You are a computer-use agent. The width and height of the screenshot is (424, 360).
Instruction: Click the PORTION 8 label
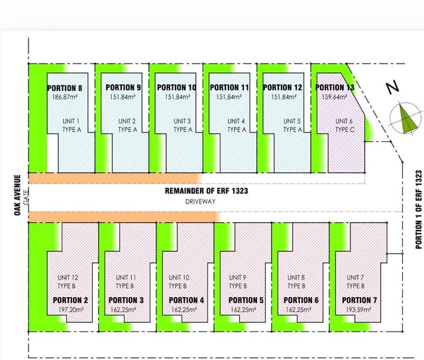[64, 88]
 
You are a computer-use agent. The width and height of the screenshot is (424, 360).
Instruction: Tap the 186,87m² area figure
[65, 97]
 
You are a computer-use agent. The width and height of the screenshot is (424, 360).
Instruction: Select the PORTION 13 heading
[335, 88]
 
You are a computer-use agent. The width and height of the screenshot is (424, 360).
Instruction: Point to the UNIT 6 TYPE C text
[344, 125]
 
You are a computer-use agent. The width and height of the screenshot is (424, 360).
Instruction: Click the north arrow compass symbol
[405, 119]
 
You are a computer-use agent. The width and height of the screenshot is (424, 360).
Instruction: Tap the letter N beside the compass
[392, 87]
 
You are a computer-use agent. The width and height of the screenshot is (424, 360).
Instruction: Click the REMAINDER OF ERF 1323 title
[206, 191]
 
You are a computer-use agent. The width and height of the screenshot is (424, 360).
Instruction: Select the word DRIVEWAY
[200, 202]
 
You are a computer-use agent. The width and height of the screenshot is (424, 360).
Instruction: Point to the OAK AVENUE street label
[17, 195]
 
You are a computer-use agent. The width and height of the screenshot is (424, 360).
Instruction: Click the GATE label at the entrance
[26, 198]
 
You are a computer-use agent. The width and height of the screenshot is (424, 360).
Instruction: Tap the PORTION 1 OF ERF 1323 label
[419, 210]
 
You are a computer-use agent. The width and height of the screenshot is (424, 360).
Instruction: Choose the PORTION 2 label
[70, 300]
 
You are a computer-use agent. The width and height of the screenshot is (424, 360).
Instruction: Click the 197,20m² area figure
[71, 309]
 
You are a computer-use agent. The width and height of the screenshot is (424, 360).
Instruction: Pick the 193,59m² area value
[358, 309]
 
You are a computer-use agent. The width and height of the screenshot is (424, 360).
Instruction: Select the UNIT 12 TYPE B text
[68, 282]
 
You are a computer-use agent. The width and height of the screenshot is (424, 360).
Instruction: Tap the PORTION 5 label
[246, 300]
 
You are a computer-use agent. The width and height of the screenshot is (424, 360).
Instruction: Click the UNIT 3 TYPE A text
[183, 125]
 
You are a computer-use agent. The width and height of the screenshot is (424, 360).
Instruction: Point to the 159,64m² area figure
[335, 97]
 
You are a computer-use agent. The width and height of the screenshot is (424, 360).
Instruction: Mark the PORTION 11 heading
[229, 88]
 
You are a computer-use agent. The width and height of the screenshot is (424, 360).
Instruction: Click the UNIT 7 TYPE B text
[355, 282]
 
